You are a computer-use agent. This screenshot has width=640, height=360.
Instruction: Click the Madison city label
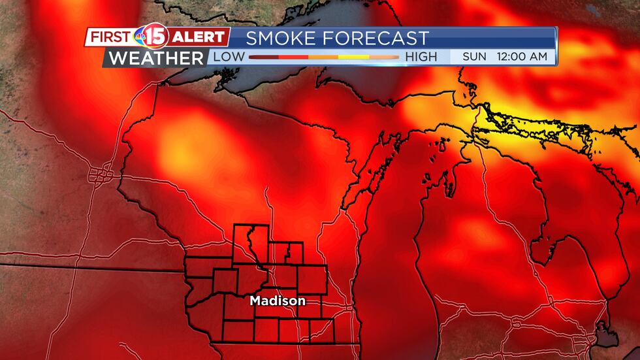[x=278, y=301]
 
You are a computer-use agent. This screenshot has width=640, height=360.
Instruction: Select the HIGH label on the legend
[x=421, y=57]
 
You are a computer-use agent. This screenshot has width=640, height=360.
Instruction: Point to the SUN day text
[x=474, y=57]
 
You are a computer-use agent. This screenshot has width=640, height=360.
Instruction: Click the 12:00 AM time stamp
[x=522, y=57]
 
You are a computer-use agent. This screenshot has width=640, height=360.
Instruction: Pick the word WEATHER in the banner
[x=156, y=57]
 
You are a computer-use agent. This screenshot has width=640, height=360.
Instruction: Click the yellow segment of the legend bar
[x=353, y=57]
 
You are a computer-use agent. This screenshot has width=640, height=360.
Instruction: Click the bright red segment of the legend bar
[x=293, y=57]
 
